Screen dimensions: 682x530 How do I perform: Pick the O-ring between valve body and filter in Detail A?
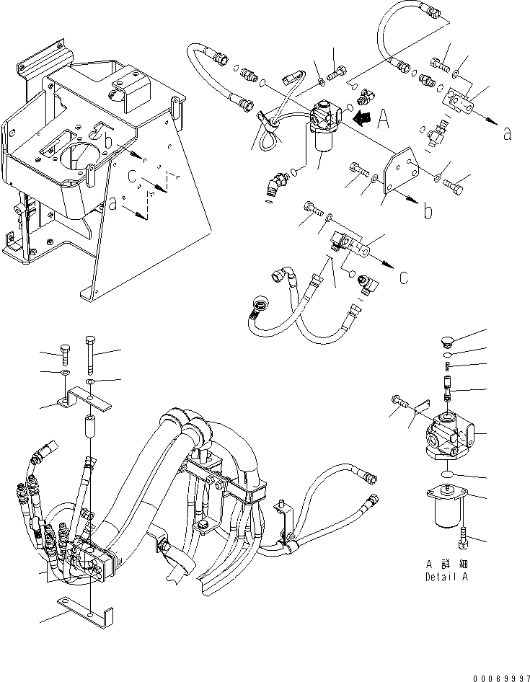(448, 475)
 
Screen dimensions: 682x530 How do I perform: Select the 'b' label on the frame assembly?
(107, 141)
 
